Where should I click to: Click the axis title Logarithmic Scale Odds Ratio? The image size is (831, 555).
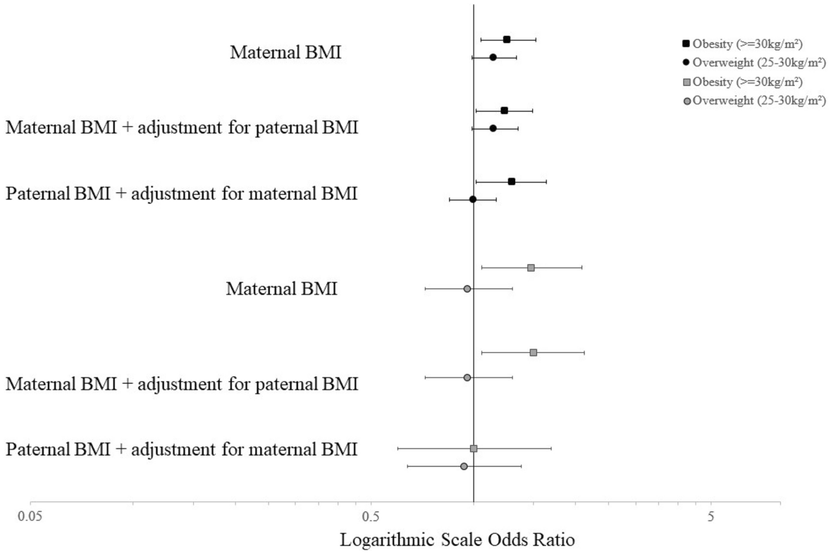[458, 541]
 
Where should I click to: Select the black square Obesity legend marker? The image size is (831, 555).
[686, 44]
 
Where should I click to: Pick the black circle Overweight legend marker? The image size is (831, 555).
[686, 62]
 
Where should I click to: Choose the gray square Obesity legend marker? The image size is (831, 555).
[686, 81]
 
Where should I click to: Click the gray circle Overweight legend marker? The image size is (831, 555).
[686, 100]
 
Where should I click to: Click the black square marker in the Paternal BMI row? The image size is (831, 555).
[512, 182]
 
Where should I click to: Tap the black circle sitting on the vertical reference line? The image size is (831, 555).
[473, 199]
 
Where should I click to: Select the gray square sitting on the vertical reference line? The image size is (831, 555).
[474, 449]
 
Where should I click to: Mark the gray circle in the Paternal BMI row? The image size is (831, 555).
[464, 466]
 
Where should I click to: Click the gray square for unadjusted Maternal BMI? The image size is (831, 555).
[531, 268]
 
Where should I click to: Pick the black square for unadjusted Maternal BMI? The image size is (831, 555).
[507, 39]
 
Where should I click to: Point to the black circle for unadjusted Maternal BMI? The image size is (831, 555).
[493, 57]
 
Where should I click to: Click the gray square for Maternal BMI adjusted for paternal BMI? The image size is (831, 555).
[534, 352]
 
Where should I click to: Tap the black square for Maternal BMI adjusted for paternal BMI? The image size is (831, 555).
[504, 111]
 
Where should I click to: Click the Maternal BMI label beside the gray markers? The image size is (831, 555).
[281, 289]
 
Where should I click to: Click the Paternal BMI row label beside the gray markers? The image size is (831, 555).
[181, 449]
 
